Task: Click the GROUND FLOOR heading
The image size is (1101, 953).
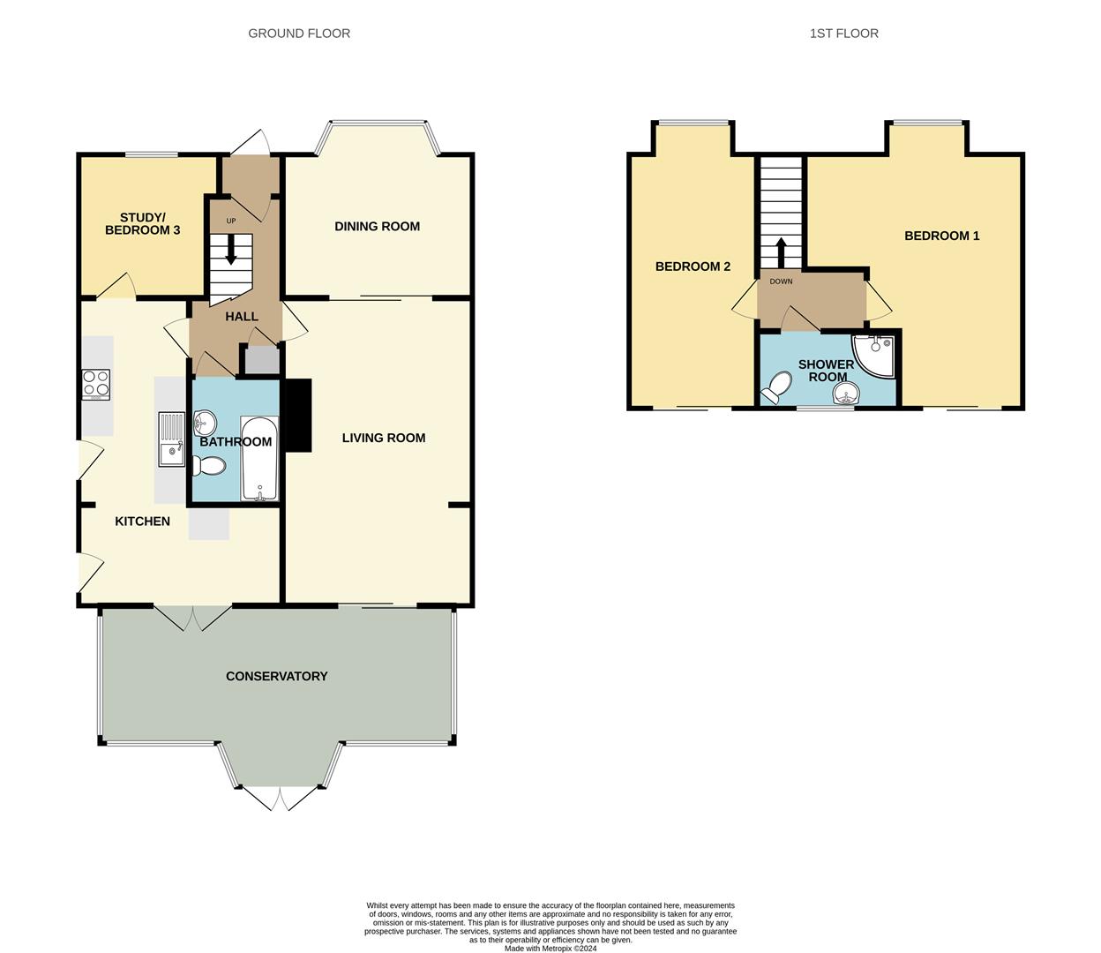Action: (x=299, y=34)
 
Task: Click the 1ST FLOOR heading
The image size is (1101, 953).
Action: (x=843, y=34)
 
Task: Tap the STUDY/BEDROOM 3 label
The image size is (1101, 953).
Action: (x=142, y=224)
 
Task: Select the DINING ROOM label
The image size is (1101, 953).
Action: (x=377, y=227)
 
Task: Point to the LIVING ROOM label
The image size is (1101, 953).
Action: (x=384, y=438)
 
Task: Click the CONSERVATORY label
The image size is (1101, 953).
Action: (x=276, y=676)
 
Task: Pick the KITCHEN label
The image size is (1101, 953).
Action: (x=142, y=521)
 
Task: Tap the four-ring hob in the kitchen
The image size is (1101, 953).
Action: (x=96, y=385)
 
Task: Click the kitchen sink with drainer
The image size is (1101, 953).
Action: (x=171, y=439)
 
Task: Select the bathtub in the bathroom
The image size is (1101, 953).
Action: (x=259, y=459)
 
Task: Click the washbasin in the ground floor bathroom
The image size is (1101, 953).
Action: (x=205, y=423)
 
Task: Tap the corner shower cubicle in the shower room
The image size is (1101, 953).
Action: (x=873, y=356)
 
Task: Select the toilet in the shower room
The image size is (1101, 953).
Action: (x=775, y=386)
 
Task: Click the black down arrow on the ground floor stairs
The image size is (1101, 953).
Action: (x=230, y=250)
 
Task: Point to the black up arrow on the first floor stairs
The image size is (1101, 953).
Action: (x=781, y=252)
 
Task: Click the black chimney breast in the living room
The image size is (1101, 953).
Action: (x=299, y=416)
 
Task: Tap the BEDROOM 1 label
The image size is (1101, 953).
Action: (x=941, y=236)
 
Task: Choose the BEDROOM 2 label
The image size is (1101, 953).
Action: (x=693, y=266)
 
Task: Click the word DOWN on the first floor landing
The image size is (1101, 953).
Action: (x=781, y=281)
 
